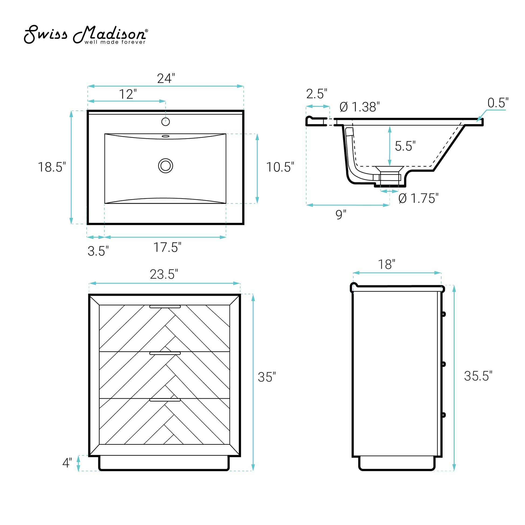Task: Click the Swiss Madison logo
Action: click(86, 35)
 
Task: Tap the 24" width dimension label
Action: click(166, 79)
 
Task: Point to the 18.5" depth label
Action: click(52, 167)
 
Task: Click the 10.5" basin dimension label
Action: click(280, 167)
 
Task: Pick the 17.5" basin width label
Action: click(167, 247)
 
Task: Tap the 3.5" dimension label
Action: click(98, 251)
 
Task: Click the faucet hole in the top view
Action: click(165, 121)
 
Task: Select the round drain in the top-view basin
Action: click(165, 166)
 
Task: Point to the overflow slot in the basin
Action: click(165, 136)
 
